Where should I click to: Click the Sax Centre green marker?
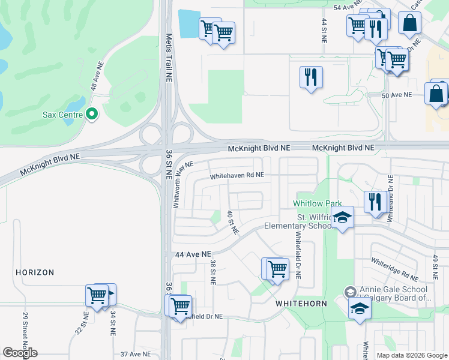point(91,113)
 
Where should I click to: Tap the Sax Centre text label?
point(62,114)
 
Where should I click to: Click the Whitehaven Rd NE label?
point(237,176)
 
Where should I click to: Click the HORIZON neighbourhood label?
point(35,272)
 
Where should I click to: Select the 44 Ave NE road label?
point(193,255)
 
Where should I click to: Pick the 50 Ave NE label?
point(397,95)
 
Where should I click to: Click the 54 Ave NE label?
point(345,7)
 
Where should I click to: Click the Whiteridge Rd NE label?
point(394,269)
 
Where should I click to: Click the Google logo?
point(20,353)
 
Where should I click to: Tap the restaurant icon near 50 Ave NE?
point(311,77)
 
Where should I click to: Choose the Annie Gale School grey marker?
point(349,292)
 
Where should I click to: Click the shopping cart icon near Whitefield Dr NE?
point(277,268)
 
